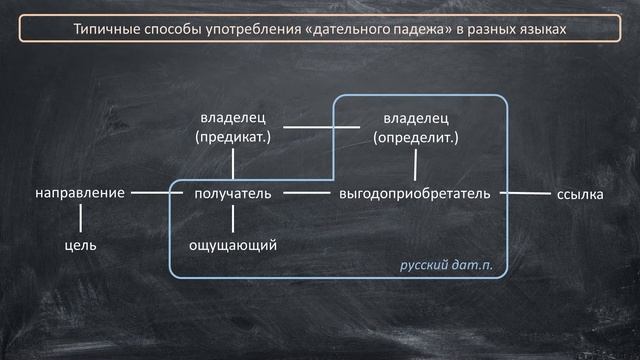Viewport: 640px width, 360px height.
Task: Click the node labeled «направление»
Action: [79, 193]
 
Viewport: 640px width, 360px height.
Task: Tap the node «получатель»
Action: [232, 193]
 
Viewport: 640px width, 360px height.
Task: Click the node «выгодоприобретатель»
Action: [414, 193]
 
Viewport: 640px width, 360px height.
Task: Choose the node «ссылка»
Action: [579, 193]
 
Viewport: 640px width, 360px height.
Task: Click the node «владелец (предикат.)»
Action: [233, 127]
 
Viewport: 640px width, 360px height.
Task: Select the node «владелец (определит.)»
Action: [415, 127]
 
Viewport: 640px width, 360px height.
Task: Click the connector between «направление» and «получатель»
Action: [151, 192]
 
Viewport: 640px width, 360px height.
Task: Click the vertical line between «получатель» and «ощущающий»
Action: [232, 219]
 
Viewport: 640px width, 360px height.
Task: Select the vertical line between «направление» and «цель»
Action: [79, 219]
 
